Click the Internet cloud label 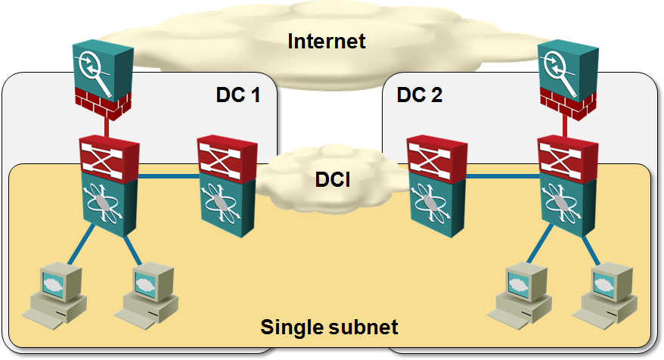(327, 40)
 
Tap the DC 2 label (420, 96)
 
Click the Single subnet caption (329, 328)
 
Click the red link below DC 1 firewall (107, 127)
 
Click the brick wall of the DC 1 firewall (103, 102)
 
